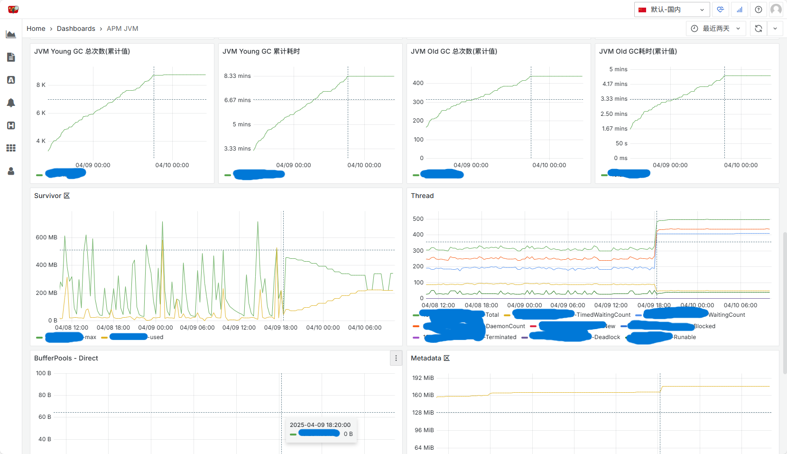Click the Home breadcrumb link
click(36, 28)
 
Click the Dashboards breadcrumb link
click(76, 28)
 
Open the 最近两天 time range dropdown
click(716, 28)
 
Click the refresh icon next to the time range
click(758, 28)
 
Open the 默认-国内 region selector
click(671, 9)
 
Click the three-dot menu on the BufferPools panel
click(396, 358)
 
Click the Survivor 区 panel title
click(52, 196)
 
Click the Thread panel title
click(422, 196)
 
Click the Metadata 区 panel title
click(430, 358)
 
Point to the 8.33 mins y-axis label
click(237, 76)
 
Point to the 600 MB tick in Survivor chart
click(46, 237)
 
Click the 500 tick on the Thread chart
click(418, 219)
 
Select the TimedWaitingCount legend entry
click(603, 315)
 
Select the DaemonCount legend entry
click(505, 326)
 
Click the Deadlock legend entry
click(607, 337)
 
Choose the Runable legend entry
click(685, 337)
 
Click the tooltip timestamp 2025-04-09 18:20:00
click(320, 425)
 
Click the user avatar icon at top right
click(776, 9)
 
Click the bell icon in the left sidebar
click(11, 103)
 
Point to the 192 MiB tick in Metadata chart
click(423, 378)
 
